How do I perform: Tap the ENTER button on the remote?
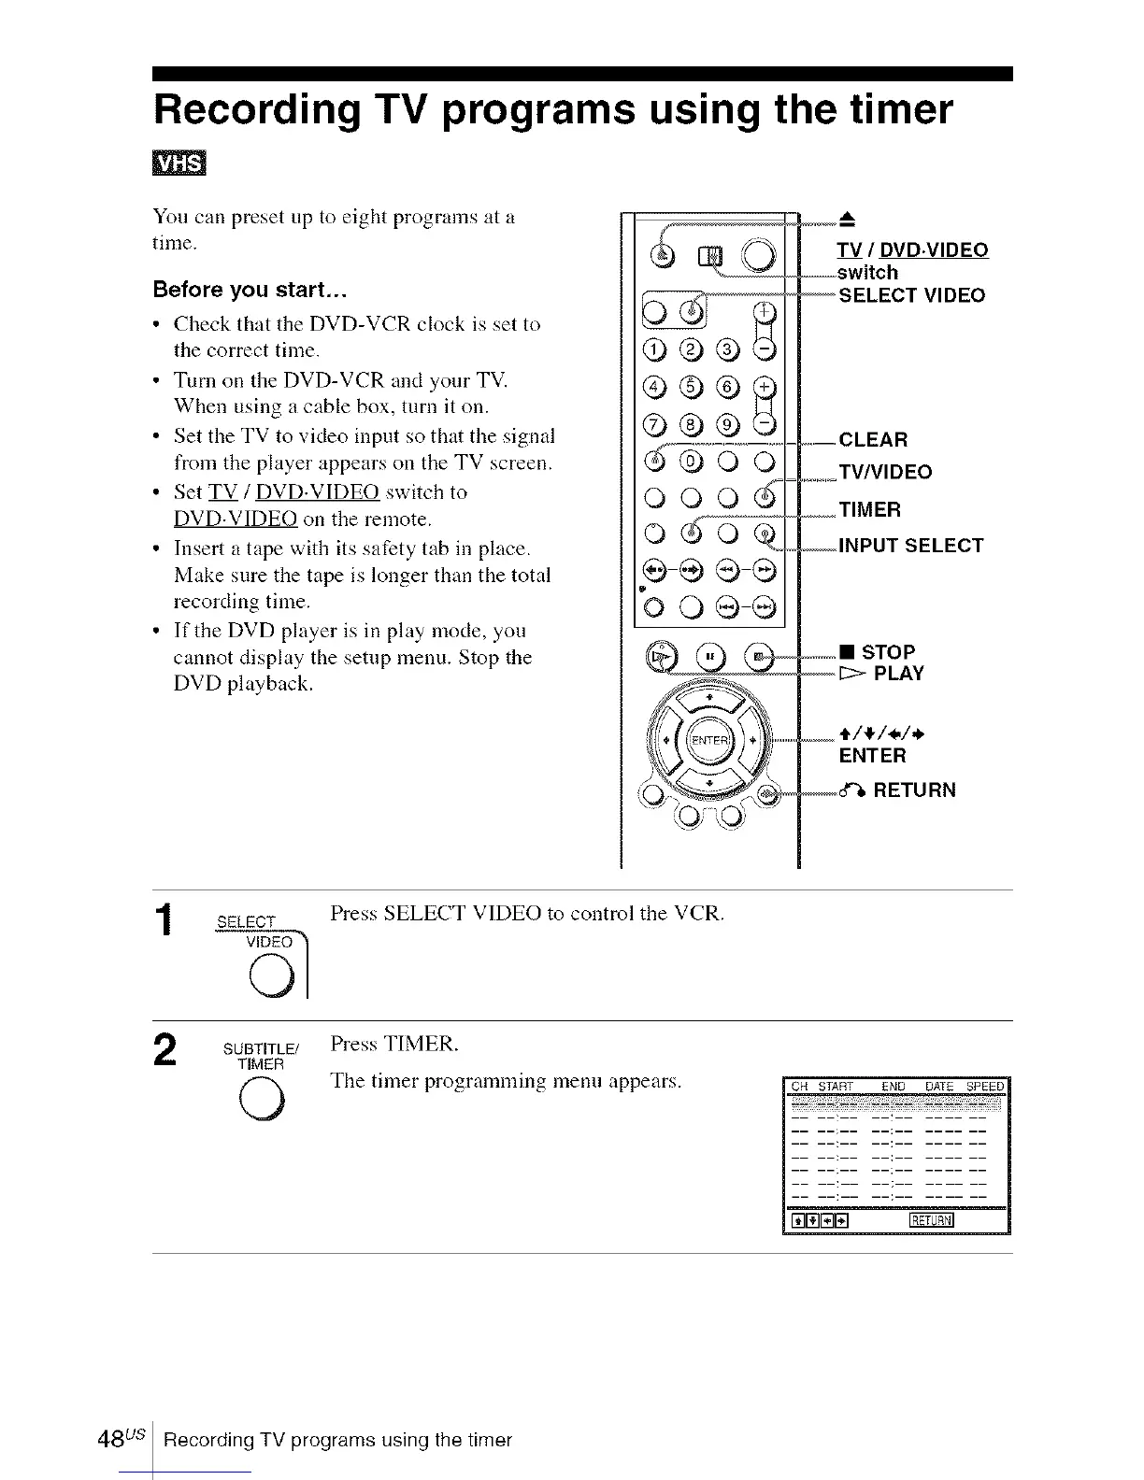coord(708,740)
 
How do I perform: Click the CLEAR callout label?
coord(873,440)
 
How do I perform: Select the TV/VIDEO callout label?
coord(884,472)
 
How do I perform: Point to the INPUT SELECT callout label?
coord(910,546)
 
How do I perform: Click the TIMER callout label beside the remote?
coord(869,510)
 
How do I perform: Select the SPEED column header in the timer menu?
coord(984,1087)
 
